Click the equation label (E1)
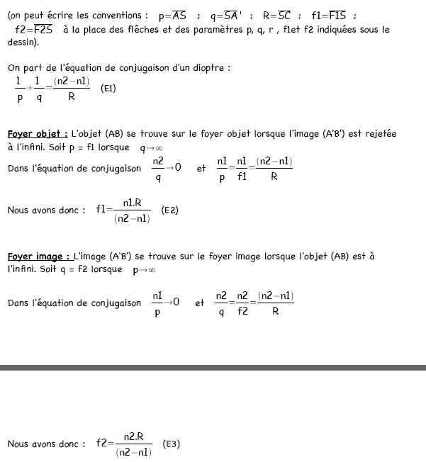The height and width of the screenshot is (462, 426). point(108,89)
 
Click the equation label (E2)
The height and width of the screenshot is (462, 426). point(169,210)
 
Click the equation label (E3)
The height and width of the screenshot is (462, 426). point(171,444)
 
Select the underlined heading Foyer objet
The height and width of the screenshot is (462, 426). point(38,134)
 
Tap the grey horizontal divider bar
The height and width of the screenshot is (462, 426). point(213,368)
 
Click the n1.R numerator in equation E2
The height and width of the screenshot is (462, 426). point(132,203)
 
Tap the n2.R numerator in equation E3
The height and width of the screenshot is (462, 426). point(133,436)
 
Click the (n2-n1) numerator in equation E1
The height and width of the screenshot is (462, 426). point(72,82)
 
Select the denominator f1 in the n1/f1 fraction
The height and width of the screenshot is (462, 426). point(241,177)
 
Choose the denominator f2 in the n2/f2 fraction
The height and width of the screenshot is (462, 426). point(242,310)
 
